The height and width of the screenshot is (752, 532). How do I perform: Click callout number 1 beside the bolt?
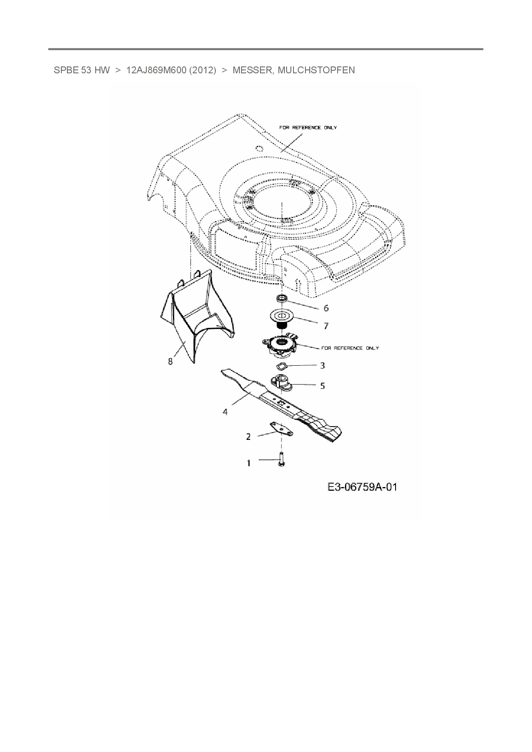click(x=248, y=463)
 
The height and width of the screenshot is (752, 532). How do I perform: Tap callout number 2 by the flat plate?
click(x=248, y=437)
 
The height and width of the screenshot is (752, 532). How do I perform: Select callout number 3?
click(x=322, y=365)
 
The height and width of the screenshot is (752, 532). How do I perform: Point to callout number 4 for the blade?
click(x=225, y=412)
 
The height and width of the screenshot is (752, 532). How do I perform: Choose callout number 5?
click(x=322, y=385)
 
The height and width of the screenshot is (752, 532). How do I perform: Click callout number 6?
click(x=326, y=308)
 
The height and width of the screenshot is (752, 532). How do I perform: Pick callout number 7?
click(x=326, y=326)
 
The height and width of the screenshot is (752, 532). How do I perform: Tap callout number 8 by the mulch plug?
click(x=170, y=361)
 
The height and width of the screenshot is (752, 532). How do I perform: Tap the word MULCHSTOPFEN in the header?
click(x=316, y=70)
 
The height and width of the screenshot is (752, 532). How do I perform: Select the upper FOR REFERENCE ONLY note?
click(x=308, y=128)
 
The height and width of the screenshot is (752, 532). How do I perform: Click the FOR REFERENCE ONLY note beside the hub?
click(x=350, y=348)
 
